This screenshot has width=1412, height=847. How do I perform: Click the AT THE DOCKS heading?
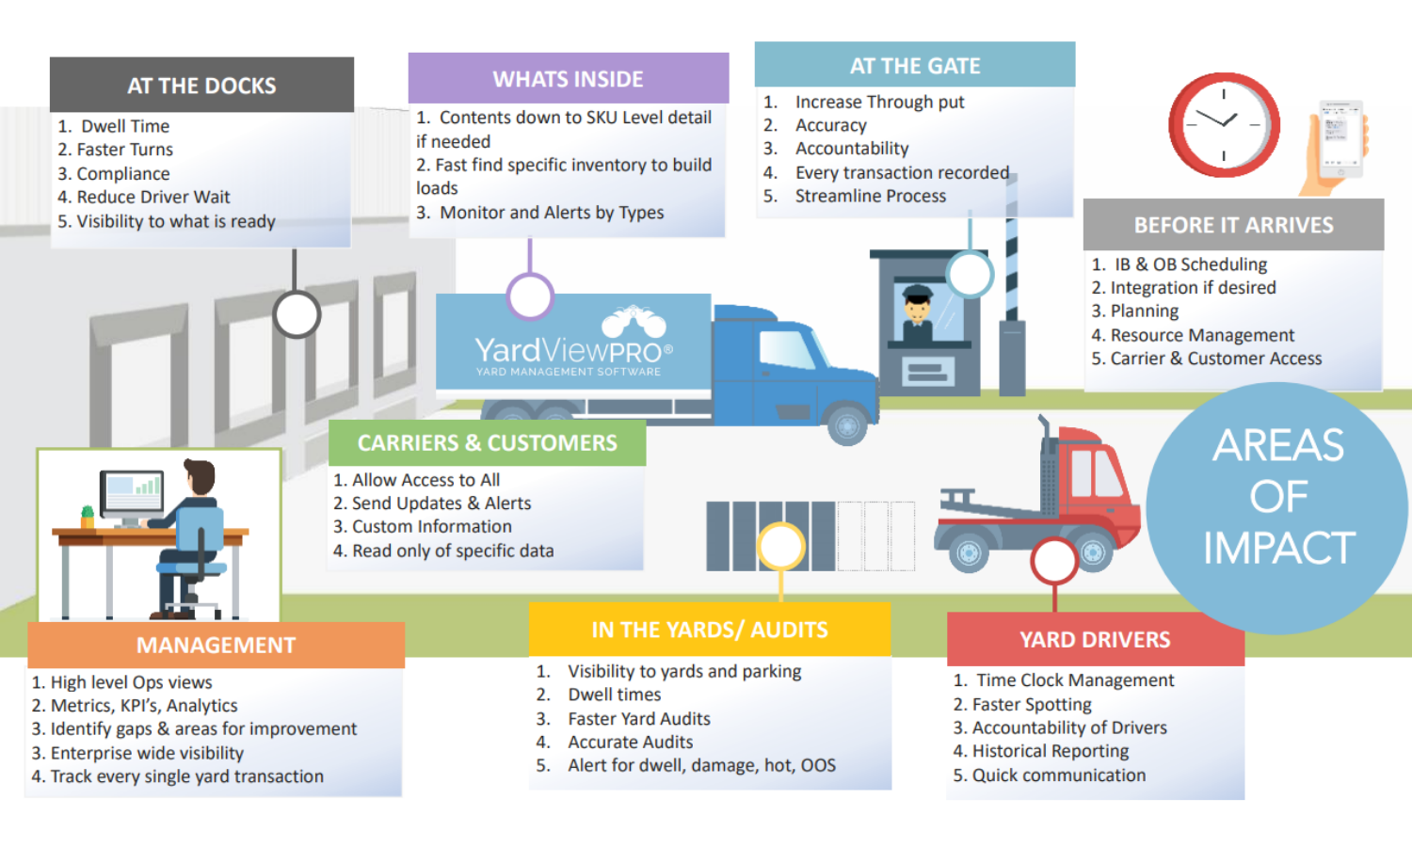[x=201, y=86]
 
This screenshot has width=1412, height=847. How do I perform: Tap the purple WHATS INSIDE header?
[x=568, y=79]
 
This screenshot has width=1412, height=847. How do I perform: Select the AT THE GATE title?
[x=915, y=66]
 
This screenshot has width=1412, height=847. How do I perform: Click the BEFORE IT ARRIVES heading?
[x=1233, y=225]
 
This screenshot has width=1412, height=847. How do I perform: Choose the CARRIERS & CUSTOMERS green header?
[x=488, y=443]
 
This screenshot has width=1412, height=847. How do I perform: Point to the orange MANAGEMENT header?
[x=216, y=646]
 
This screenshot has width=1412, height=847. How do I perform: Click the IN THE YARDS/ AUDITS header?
[x=709, y=630]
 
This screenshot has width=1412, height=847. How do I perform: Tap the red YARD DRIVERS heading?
[x=1095, y=640]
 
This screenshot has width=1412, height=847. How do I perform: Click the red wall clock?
[x=1224, y=125]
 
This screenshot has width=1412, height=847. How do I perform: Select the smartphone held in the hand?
[x=1340, y=137]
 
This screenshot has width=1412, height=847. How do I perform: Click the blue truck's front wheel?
[x=846, y=425]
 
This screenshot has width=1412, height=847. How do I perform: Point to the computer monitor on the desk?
[x=132, y=493]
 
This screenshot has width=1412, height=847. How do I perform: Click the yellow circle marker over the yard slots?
[x=781, y=547]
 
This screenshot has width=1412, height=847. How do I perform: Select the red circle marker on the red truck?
[x=1054, y=561]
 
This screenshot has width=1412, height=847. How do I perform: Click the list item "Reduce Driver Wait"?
[x=153, y=198]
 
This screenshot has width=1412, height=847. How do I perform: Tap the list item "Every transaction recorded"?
[x=902, y=172]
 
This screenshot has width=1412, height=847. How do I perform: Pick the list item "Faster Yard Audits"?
[x=639, y=718]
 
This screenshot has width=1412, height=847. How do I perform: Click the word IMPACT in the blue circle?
[x=1279, y=548]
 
